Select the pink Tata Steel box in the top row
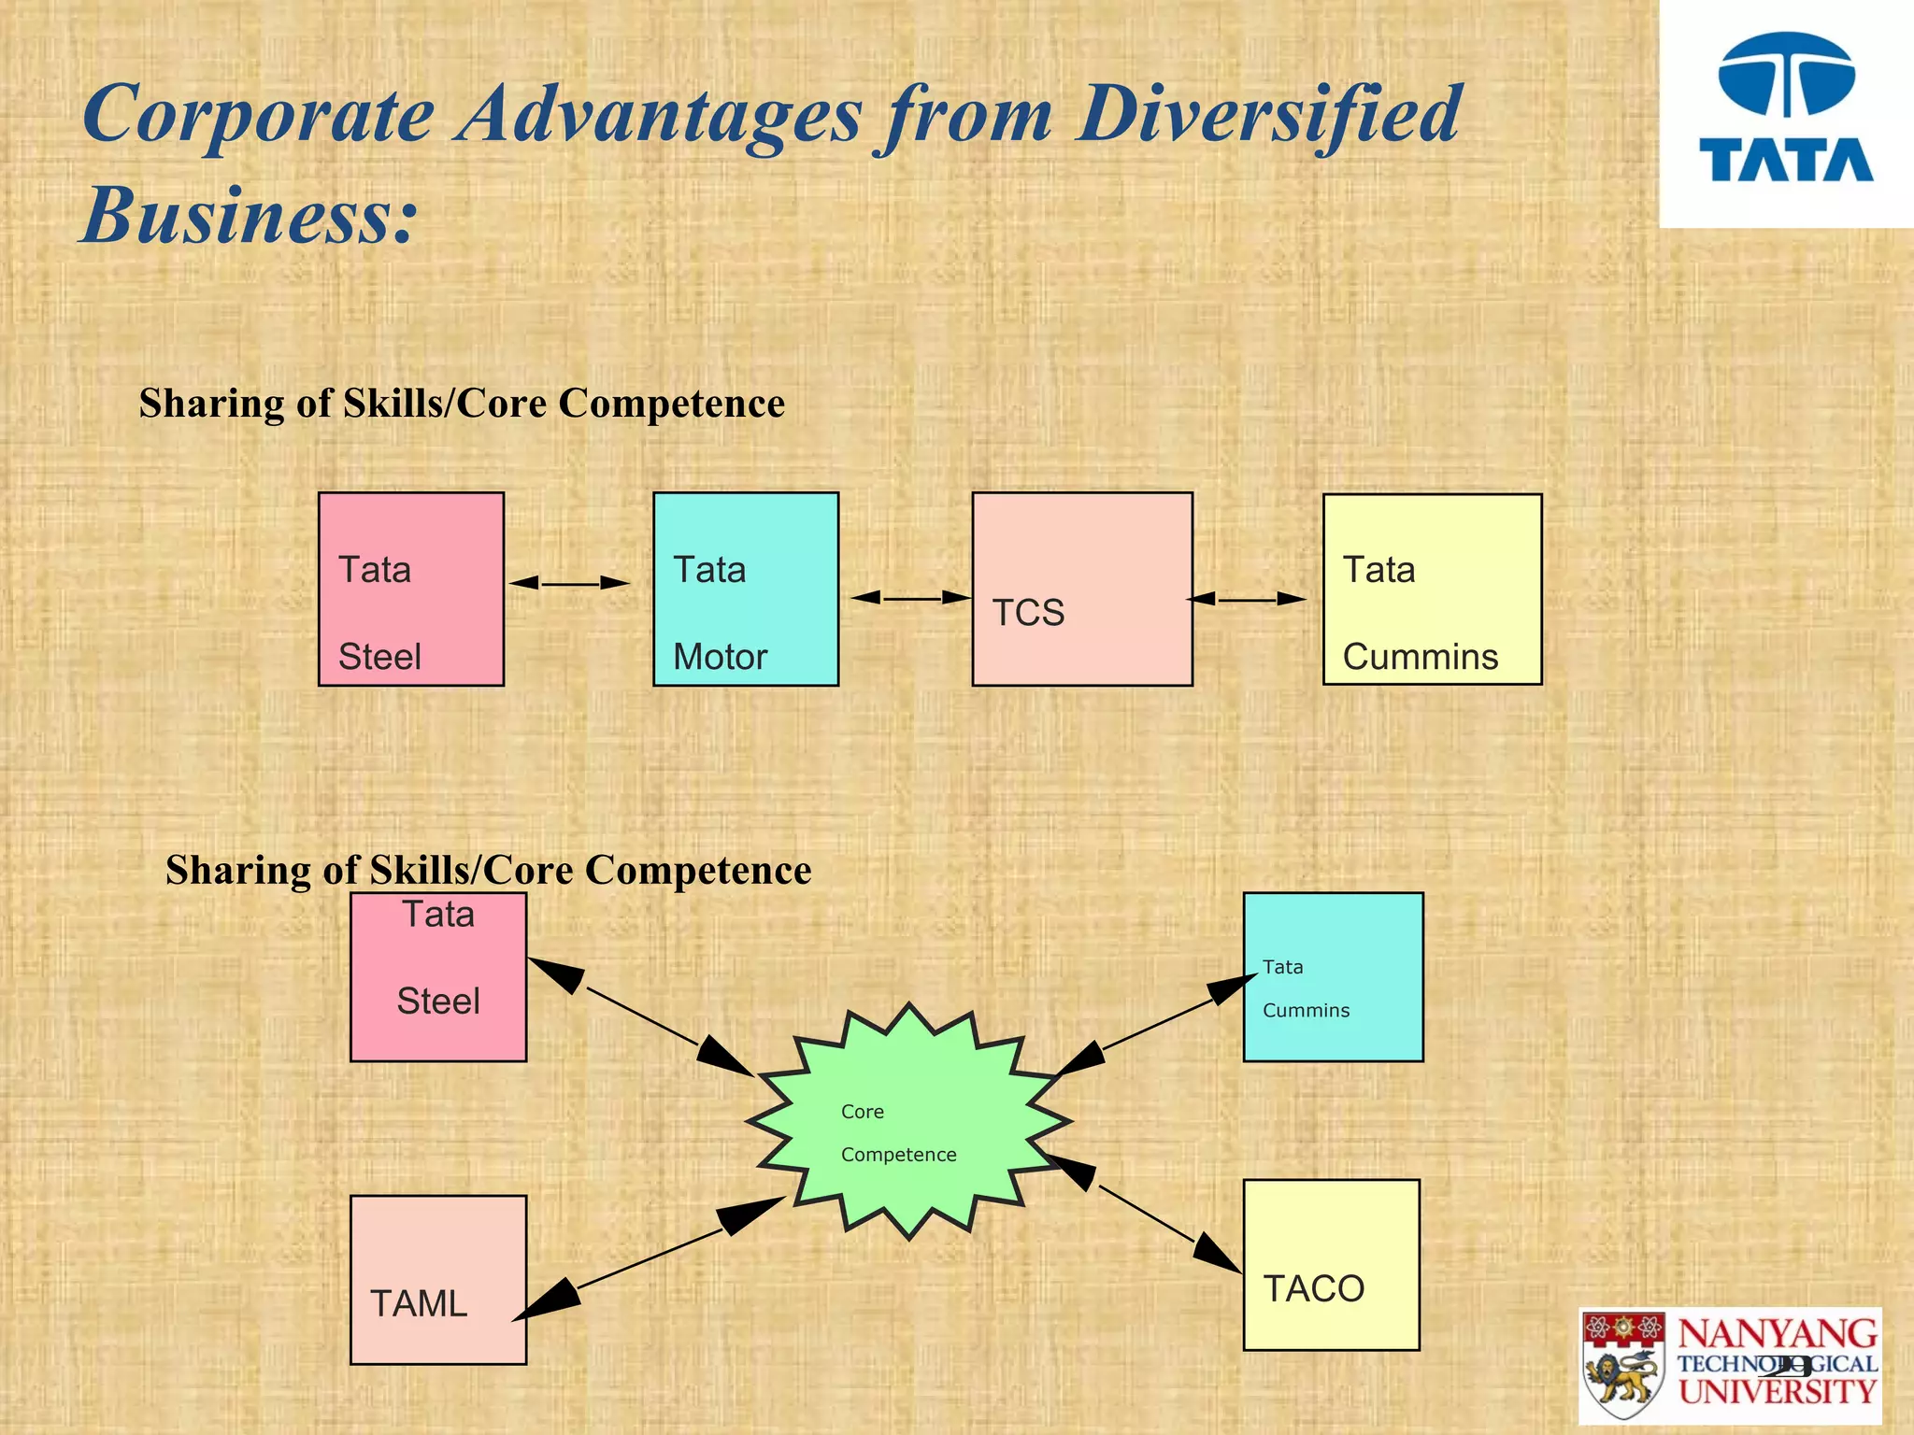411,590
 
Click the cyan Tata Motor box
746,590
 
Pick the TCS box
1082,590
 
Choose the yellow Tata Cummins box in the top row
1432,590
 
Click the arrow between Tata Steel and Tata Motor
569,583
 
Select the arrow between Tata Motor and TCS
911,597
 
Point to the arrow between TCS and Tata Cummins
1247,599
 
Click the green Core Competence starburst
909,1121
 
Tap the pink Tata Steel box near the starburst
438,976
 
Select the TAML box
438,1280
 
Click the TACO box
1331,1265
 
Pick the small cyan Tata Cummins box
1333,976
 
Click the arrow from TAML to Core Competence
650,1259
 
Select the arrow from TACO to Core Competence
1145,1213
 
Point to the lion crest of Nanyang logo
1623,1366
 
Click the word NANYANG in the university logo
1778,1334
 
